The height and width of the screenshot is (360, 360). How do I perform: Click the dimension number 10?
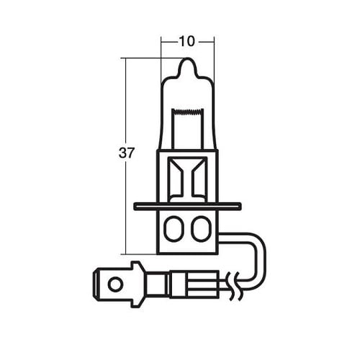pyautogui.click(x=186, y=42)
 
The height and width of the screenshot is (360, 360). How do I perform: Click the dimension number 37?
pyautogui.click(x=125, y=153)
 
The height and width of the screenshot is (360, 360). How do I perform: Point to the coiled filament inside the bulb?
pyautogui.click(x=186, y=113)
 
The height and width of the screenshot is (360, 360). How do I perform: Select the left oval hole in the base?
pyautogui.click(x=173, y=230)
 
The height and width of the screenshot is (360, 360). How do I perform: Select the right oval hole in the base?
pyautogui.click(x=199, y=230)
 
